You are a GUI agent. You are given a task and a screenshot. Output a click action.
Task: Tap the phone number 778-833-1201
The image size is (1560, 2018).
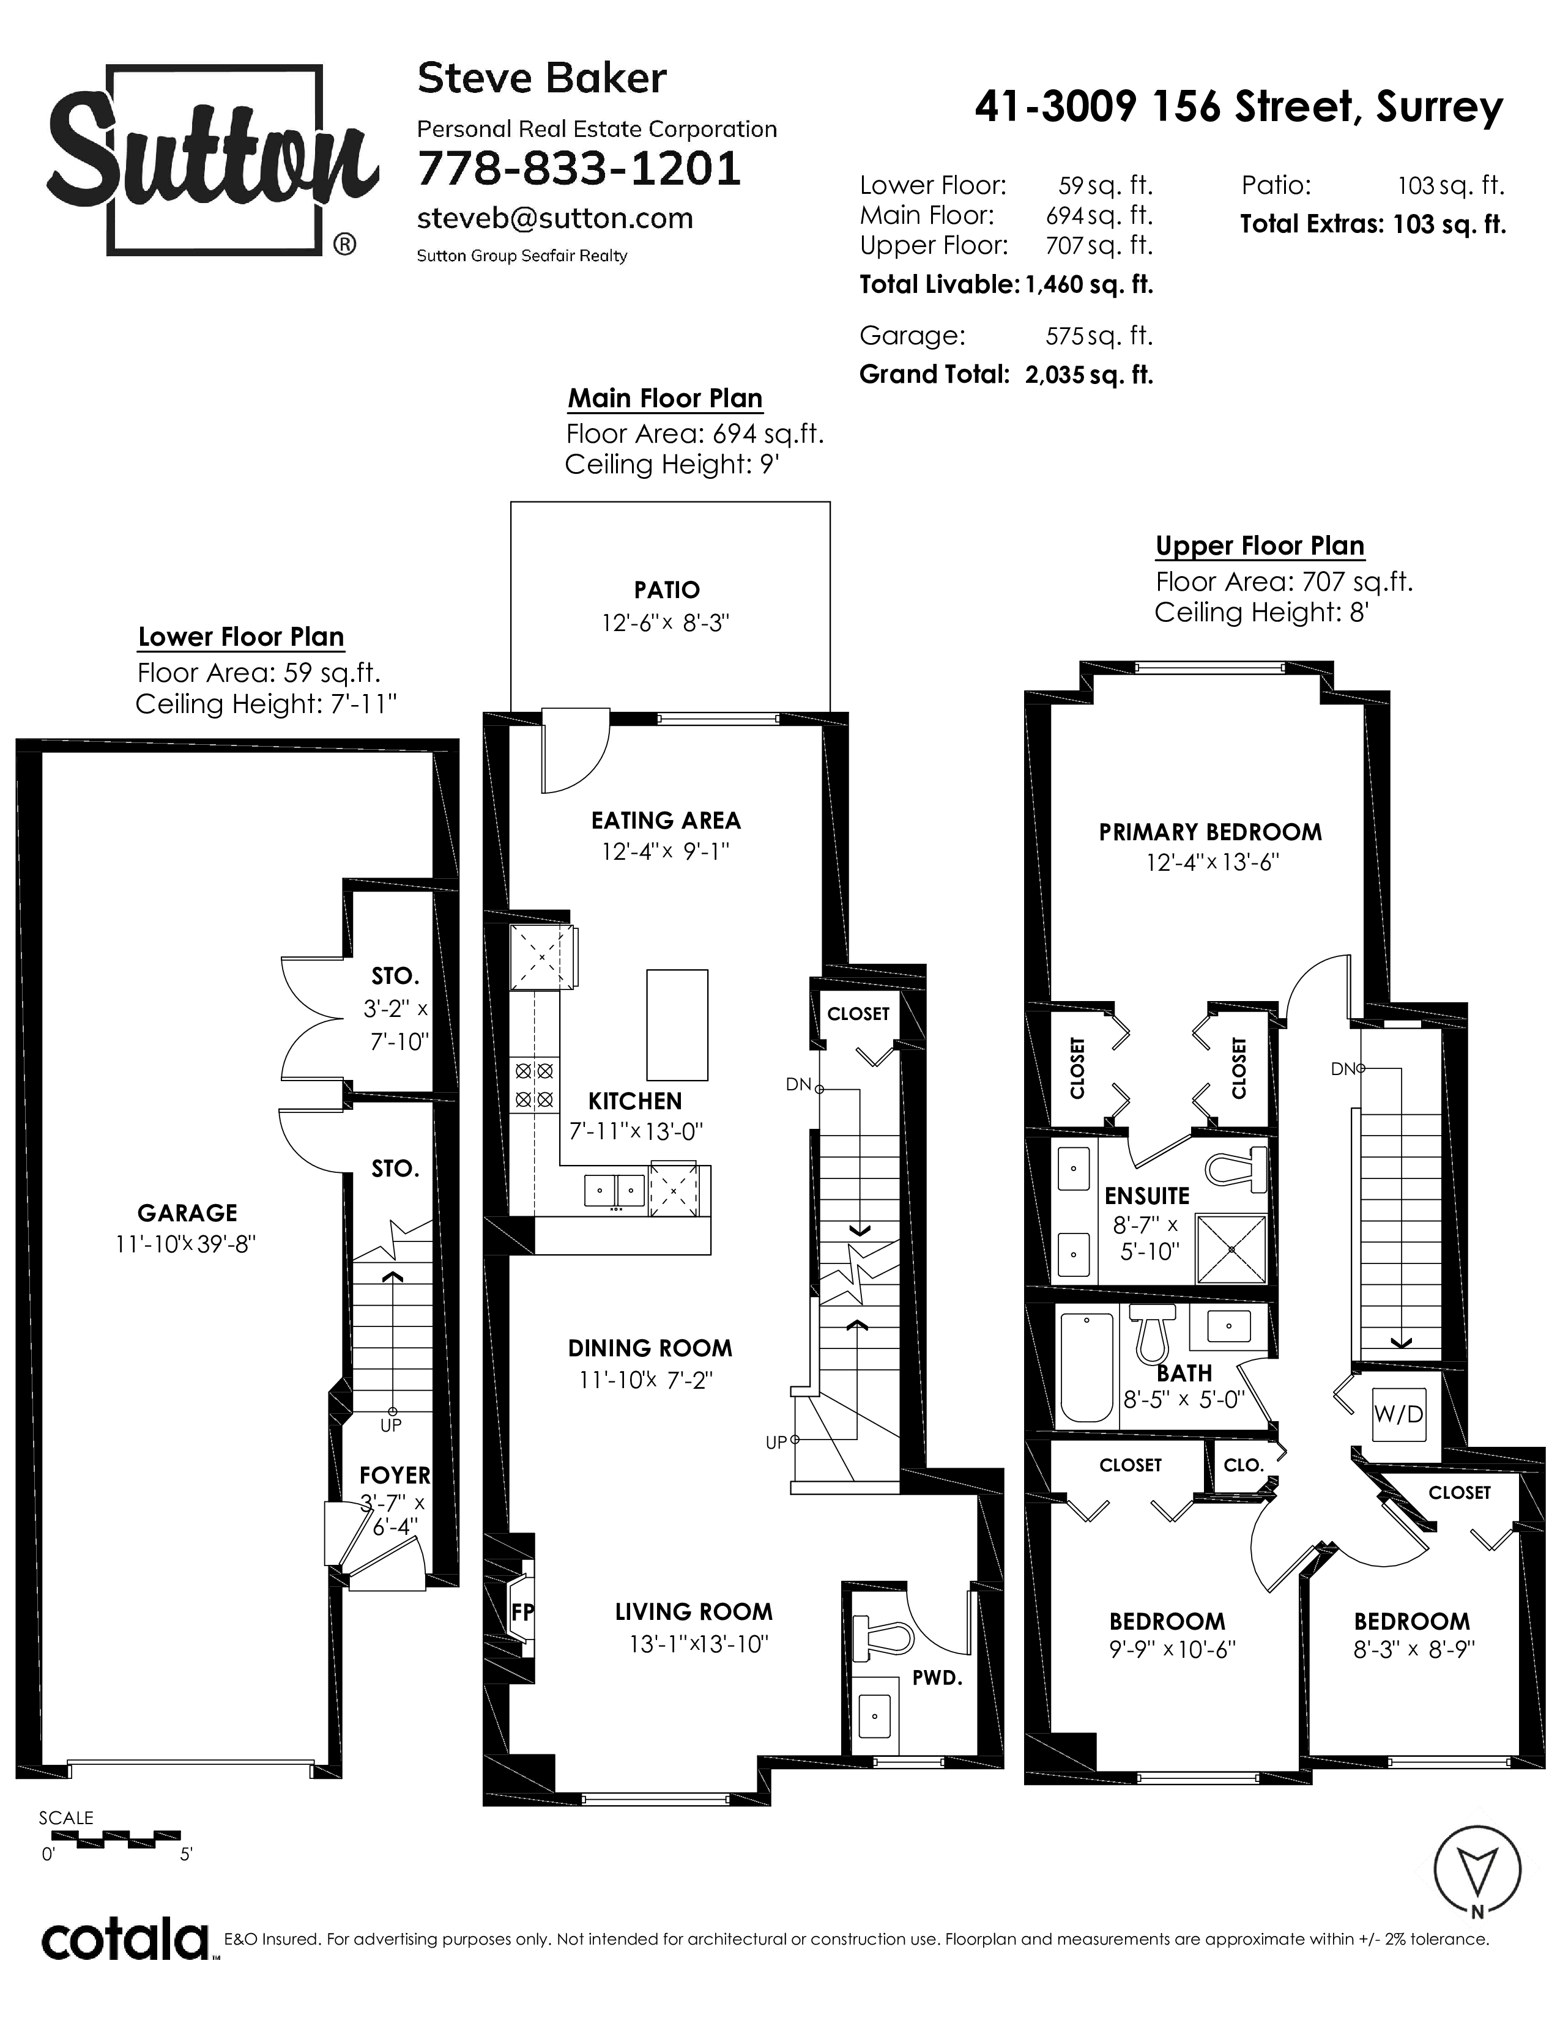coord(579,168)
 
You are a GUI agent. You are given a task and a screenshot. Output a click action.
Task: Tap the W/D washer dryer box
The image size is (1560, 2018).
coord(1398,1414)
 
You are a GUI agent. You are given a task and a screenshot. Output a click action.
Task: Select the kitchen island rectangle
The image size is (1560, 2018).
coord(677,1025)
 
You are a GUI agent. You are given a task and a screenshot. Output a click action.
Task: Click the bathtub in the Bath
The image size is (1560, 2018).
coord(1086,1367)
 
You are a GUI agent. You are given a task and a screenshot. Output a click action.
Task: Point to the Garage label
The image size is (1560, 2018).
coord(188,1212)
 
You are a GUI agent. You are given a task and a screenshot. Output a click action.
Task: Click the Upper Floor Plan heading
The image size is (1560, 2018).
coord(1260,546)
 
